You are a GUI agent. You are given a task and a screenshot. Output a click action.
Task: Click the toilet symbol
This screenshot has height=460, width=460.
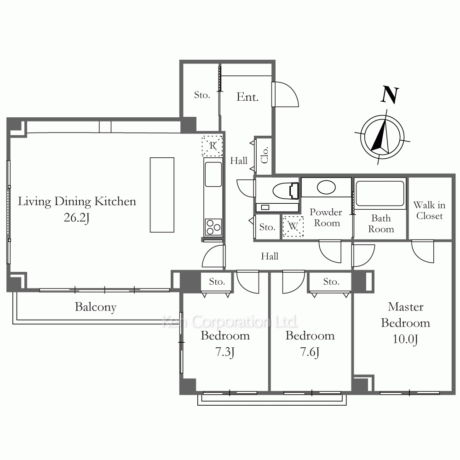pos(286,191)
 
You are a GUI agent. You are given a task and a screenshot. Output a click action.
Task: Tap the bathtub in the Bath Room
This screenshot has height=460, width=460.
pos(379,193)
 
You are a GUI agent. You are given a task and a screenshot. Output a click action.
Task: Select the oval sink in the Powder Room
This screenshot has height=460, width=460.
pos(326,187)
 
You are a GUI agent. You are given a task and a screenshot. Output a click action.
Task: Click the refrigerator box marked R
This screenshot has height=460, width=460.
pos(212,146)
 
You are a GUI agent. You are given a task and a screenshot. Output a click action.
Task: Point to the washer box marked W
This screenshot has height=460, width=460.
pos(293,226)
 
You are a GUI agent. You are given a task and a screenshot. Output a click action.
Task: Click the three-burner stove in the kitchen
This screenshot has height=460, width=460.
pos(213,227)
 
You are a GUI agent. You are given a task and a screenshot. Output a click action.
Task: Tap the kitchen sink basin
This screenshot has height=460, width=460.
pos(213,174)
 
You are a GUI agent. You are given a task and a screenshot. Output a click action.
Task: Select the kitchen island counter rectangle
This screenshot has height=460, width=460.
pos(162,195)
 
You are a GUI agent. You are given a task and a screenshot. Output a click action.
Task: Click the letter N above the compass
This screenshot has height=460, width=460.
pos(390,95)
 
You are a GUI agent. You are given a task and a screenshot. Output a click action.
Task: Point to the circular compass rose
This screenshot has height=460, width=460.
pos(382,137)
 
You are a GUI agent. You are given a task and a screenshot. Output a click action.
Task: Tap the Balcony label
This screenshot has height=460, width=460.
pos(96,307)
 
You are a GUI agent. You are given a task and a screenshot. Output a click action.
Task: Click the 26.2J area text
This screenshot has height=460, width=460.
pos(76,218)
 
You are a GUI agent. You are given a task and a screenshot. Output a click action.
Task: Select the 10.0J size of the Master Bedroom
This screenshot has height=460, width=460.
pos(405,339)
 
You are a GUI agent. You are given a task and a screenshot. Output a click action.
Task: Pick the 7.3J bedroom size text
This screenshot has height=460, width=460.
pos(225,352)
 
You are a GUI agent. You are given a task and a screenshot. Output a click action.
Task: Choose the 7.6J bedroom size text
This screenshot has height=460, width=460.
pos(310,352)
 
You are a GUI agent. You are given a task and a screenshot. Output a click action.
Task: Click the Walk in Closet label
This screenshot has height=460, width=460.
pos(429,210)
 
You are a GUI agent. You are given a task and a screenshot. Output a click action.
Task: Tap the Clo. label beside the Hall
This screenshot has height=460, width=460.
pos(264,155)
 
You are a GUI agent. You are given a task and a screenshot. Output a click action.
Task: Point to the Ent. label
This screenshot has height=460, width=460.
pos(247,97)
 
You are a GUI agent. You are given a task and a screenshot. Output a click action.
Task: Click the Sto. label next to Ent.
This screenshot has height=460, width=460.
pos(202,95)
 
